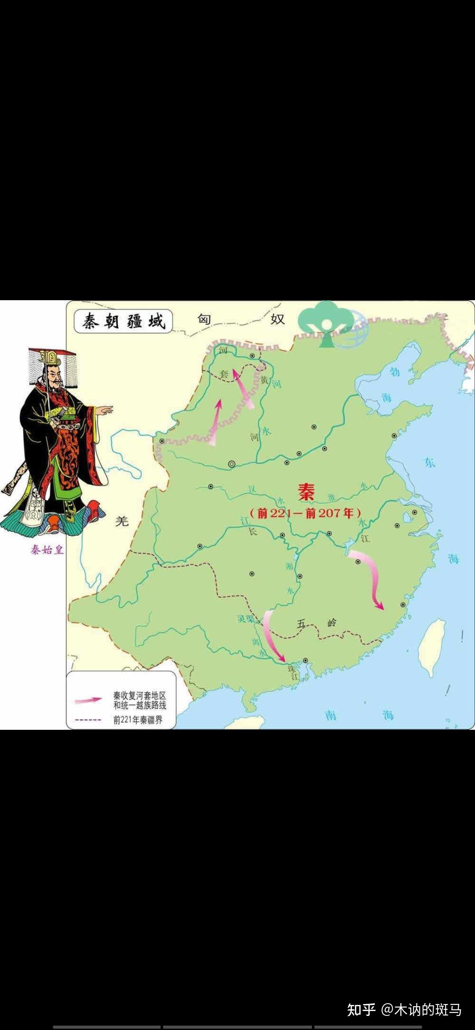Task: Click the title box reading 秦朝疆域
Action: coord(123,321)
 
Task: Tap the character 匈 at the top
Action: coord(204,319)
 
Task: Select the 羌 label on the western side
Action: coord(122,521)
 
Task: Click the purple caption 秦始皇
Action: coord(47,549)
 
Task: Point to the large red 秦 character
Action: coord(306,492)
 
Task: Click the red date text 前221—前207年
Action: coord(305,513)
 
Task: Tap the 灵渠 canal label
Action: coord(246,618)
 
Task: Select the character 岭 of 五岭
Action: coord(332,622)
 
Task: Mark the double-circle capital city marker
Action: coord(231,464)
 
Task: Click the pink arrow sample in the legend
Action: coord(88,700)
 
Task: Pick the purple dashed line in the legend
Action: coord(88,720)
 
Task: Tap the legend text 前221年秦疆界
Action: coord(138,720)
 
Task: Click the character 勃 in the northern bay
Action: coord(395,372)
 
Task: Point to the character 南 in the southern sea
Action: coord(331,715)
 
